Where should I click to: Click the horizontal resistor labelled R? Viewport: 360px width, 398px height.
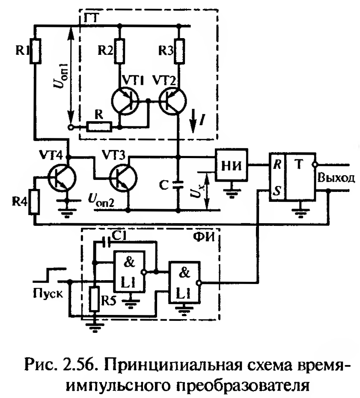click(99, 127)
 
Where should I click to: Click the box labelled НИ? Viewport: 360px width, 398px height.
click(232, 165)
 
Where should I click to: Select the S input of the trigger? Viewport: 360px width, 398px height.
click(276, 191)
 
